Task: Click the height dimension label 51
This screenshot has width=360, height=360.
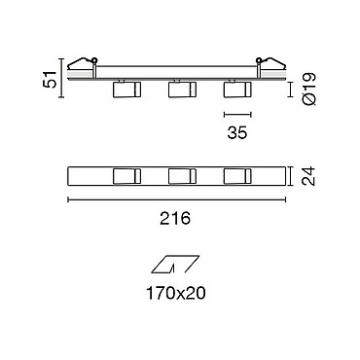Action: point(50,79)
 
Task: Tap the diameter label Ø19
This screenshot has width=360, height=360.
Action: point(309,89)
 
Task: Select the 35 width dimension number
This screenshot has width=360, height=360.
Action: point(237,132)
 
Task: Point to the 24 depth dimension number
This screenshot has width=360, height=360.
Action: point(308,176)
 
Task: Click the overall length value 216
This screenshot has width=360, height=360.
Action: point(175,218)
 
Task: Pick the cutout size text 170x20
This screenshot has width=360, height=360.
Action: point(176,294)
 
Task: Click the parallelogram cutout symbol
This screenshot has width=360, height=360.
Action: point(175,264)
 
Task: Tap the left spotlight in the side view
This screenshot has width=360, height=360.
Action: point(126,90)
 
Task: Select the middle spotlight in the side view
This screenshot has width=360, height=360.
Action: point(182,90)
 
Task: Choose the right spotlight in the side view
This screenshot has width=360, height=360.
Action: point(237,90)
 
